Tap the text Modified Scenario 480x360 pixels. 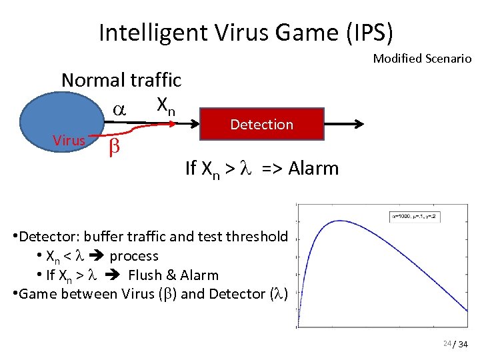coord(422,59)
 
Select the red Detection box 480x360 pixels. coord(261,124)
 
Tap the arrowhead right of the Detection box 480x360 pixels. coord(359,123)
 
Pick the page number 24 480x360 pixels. coord(446,343)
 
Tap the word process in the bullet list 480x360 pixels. coord(134,256)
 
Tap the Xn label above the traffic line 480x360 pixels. coord(165,105)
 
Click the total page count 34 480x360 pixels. coord(465,344)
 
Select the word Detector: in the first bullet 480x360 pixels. coord(45,237)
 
